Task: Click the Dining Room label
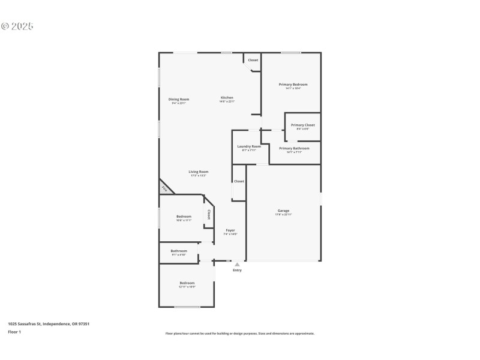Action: tap(178, 99)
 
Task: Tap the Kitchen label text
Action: tap(227, 98)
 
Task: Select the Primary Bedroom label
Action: tap(293, 85)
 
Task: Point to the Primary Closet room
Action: tap(302, 125)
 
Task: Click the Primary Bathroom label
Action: tap(294, 148)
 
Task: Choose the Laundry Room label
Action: tap(248, 146)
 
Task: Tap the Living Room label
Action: tap(199, 172)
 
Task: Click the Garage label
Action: tap(283, 211)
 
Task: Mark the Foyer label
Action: tap(230, 230)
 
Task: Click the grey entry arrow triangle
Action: tap(237, 264)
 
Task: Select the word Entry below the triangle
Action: tap(237, 271)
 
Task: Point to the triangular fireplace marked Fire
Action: tap(164, 188)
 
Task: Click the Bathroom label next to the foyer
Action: tap(179, 251)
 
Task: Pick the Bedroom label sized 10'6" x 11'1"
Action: tap(184, 217)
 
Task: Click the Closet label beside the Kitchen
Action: tap(253, 60)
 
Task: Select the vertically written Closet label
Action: tap(209, 214)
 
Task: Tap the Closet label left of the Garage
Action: tap(239, 181)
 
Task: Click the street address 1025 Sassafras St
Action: tap(49, 324)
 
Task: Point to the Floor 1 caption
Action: tap(14, 332)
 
